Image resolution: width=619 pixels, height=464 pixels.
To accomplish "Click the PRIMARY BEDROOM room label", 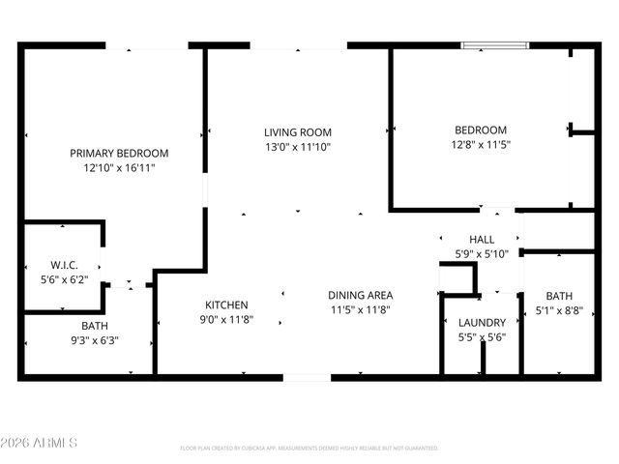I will pos(119,153).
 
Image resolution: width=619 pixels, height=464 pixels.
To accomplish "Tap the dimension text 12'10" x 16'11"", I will pos(119,167).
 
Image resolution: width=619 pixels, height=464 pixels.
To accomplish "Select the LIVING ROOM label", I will pos(298,132).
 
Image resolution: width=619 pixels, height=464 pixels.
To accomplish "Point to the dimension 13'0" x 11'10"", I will pos(298,147).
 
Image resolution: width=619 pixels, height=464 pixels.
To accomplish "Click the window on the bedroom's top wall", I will pos(494,44).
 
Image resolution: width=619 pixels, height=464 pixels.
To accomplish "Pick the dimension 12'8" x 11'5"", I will pos(481,144).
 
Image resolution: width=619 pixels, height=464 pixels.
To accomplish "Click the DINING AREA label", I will pos(360,295).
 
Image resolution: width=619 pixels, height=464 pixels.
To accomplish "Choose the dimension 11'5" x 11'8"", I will pos(360,309).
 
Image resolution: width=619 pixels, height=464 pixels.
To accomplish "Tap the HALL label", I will pos(482,239).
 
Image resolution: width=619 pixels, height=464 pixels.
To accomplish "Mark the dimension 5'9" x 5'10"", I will pos(482,253).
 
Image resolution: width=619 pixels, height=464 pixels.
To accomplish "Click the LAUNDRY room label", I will pos(482,323).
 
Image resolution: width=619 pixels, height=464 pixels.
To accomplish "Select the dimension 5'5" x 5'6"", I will pos(482,337).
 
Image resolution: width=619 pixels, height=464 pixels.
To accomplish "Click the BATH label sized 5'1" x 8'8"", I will pos(559,297).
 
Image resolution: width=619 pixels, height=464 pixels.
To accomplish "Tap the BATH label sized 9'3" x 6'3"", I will pos(94,326).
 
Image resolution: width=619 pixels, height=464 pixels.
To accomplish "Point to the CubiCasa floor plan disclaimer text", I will pos(309,449).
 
